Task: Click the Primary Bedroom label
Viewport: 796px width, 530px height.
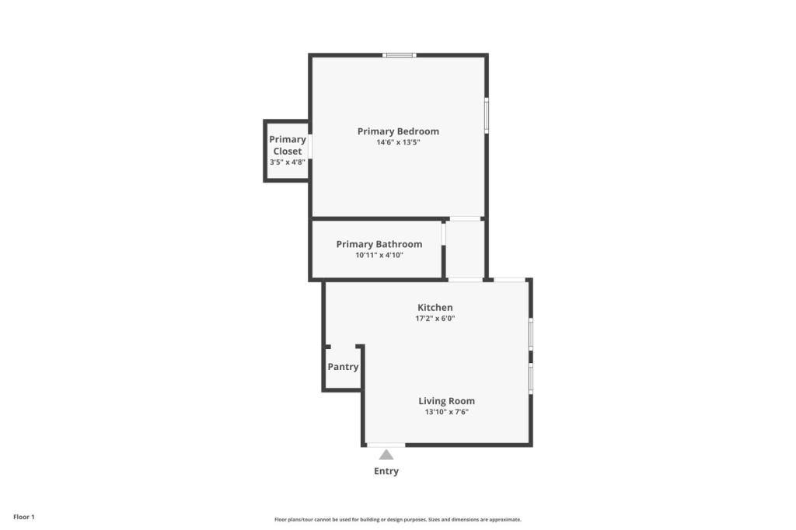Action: coord(398,131)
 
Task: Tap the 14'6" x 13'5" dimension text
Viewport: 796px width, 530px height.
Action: coord(398,143)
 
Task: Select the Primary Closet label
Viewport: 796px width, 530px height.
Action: coord(288,145)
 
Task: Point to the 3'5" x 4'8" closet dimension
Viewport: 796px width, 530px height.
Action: coord(288,162)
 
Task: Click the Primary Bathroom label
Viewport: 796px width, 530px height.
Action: coord(379,244)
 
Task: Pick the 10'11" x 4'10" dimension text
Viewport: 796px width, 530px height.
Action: coord(379,256)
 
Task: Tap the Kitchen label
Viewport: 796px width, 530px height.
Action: coord(435,308)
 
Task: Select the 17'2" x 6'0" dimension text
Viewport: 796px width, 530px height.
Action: coord(435,319)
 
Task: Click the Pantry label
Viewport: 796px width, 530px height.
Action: coord(343,367)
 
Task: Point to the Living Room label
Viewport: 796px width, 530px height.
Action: coord(447,401)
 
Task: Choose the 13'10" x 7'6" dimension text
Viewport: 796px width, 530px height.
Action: coord(447,412)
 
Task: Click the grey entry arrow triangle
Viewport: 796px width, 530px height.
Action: coord(386,455)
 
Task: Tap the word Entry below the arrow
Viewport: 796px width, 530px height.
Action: coord(386,471)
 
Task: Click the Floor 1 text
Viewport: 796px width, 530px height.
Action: coord(24,518)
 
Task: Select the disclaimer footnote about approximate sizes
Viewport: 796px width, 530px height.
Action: coord(398,520)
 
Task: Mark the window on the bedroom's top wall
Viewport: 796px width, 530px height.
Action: coord(400,55)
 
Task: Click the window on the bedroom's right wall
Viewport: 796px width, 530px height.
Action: coord(487,116)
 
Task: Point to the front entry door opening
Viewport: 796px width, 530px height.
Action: coord(386,445)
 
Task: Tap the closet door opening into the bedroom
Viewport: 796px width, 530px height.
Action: coord(309,147)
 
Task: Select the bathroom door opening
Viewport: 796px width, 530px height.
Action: coord(443,234)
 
